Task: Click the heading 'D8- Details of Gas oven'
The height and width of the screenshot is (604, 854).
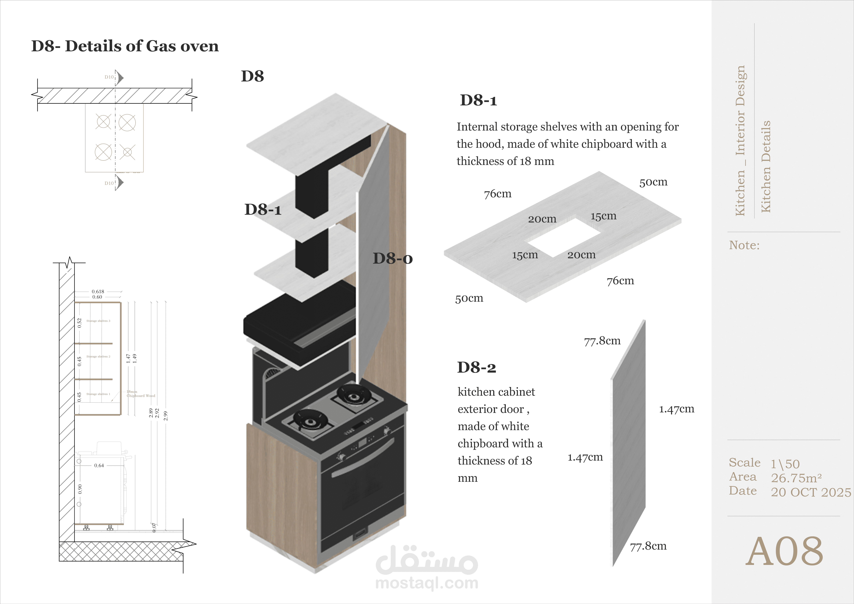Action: [x=125, y=46]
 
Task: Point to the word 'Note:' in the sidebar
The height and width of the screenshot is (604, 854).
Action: [x=744, y=245]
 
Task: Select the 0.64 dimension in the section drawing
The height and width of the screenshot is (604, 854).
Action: [x=99, y=465]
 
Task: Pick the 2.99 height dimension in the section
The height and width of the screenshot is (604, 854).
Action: [x=165, y=416]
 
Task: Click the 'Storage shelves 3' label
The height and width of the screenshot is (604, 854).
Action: [x=98, y=321]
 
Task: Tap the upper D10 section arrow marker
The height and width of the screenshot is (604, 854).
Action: [x=119, y=77]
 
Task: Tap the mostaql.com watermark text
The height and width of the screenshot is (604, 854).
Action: [x=427, y=583]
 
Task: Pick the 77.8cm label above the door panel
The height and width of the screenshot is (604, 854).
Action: [x=602, y=341]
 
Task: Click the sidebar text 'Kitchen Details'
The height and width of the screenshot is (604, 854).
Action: [x=765, y=167]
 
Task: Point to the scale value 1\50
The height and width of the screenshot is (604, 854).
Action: [x=785, y=464]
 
